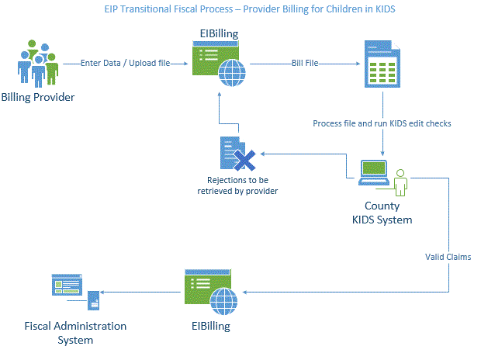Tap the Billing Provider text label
coord(38,97)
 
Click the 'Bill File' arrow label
coord(304,63)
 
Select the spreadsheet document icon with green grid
coord(382,64)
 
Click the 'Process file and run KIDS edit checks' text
coord(382,123)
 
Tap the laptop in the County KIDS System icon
coord(374,173)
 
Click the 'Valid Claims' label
coord(448,256)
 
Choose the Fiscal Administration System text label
coord(74,333)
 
